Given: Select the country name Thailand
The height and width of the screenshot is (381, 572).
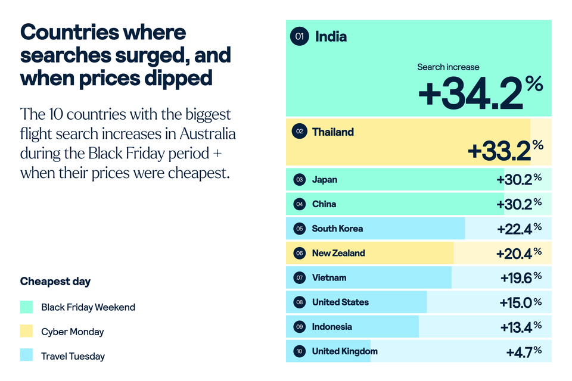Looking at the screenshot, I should coord(332,132).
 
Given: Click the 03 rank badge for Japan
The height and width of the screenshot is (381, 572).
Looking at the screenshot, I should coord(300,179).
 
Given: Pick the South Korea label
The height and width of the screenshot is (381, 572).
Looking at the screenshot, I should coord(337,229).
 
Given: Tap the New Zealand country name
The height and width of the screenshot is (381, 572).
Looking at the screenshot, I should coord(338,253).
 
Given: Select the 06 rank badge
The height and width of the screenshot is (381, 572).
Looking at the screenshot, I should coord(300,253).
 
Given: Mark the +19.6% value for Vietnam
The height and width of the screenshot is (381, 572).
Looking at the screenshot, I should coord(520,277).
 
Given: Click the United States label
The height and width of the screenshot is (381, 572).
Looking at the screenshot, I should coord(340,302).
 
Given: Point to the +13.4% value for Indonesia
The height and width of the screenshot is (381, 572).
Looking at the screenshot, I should coord(520,326).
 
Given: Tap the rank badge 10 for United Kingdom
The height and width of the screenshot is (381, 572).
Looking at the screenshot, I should coord(300,351).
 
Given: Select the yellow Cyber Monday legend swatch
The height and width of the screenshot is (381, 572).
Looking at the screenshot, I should coord(26,332).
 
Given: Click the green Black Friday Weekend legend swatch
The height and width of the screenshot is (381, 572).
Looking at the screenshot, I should coord(26,307).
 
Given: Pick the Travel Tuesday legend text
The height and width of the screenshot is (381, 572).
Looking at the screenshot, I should coord(73,356).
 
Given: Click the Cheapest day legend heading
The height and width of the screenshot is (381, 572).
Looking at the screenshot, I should coord(55,281).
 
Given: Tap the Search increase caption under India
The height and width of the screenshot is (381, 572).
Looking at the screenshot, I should coord(448,67).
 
